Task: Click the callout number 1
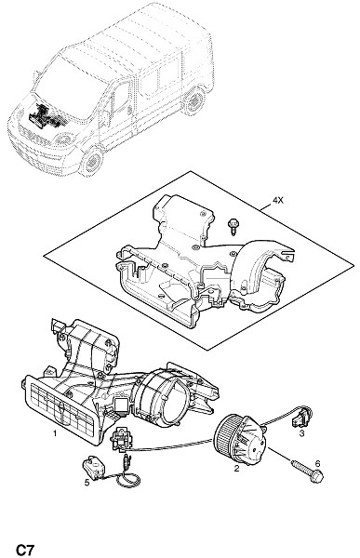tap(55, 433)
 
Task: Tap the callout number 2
tap(236, 469)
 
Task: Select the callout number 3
tap(301, 433)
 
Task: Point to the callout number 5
tap(87, 483)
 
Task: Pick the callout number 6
tap(317, 463)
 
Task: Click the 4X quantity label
tap(278, 201)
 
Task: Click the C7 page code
tap(24, 550)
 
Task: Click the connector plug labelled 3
tap(301, 417)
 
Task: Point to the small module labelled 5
tap(93, 467)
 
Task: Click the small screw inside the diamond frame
tap(233, 226)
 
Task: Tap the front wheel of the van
tap(92, 163)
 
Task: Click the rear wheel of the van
tap(194, 100)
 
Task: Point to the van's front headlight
tap(64, 139)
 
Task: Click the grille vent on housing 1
tap(61, 408)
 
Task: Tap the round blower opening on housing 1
tap(160, 398)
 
